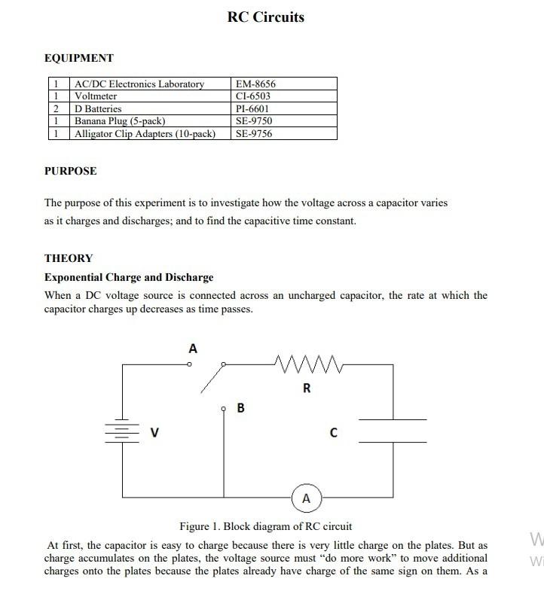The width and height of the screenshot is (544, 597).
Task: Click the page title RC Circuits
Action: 265,17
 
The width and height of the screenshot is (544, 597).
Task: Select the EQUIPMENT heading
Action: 79,58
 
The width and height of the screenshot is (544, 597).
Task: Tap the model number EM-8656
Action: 255,84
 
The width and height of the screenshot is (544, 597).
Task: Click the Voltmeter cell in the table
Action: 96,96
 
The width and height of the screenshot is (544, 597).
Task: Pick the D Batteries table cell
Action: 98,108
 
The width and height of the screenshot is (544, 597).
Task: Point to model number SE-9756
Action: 253,133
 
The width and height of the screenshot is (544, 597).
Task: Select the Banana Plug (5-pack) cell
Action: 120,121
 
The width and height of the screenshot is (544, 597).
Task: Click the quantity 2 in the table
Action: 56,108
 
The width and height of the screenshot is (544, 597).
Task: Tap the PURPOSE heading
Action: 71,171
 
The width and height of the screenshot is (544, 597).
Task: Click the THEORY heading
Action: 69,258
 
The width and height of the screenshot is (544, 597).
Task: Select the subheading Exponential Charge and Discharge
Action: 129,277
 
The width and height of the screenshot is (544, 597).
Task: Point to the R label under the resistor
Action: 307,388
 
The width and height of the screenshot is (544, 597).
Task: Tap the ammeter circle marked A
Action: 306,498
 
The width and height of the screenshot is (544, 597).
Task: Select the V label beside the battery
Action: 154,433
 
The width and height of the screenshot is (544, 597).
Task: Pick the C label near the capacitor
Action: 333,433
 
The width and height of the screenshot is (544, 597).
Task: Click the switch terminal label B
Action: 240,408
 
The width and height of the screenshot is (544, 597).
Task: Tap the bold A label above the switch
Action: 193,349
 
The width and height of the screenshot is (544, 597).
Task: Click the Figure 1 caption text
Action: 265,526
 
